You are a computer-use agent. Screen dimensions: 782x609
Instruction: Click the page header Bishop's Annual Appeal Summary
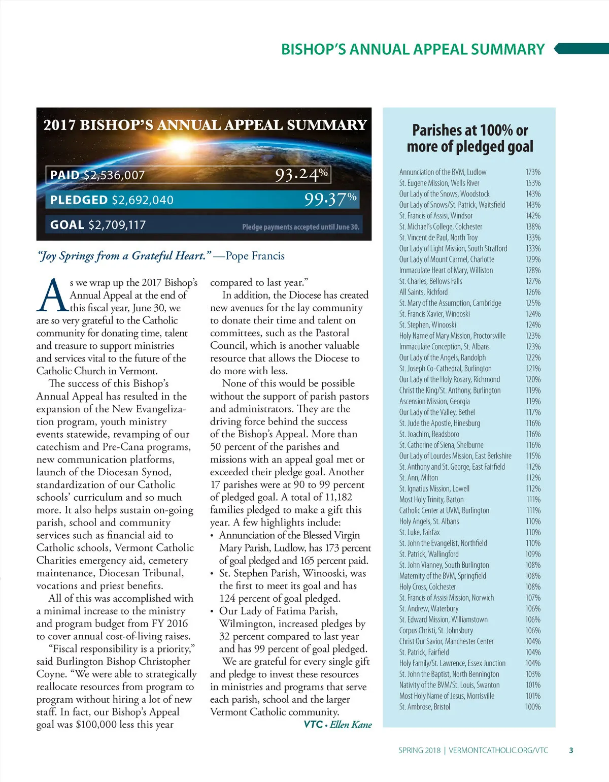[x=413, y=49]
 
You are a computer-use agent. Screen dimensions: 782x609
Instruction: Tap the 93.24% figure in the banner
[x=301, y=174]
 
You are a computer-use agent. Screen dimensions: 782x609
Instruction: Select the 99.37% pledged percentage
[x=330, y=199]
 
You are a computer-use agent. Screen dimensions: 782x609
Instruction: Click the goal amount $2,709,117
[x=117, y=224]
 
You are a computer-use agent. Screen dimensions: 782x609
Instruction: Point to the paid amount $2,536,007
[x=114, y=175]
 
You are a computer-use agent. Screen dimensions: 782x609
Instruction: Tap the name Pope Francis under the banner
[x=255, y=256]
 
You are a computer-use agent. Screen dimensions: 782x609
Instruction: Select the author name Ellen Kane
[x=351, y=725]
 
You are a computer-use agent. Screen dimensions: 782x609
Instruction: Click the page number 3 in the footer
[x=571, y=750]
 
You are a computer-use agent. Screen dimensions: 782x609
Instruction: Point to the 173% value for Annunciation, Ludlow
[x=533, y=172]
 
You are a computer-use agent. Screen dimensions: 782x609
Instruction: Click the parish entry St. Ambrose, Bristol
[x=424, y=707]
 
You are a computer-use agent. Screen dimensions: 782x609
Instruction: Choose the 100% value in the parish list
[x=533, y=707]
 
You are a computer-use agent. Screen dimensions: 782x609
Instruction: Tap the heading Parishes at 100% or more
[x=469, y=138]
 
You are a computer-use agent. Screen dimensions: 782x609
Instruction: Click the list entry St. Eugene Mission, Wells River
[x=439, y=183]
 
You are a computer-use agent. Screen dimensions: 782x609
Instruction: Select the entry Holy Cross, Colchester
[x=427, y=586]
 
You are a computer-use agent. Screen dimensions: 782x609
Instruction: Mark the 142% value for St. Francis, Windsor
[x=533, y=216]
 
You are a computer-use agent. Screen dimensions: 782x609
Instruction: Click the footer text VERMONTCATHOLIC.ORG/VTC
[x=498, y=750]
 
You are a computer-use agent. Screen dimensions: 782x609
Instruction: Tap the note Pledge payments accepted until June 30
[x=300, y=227]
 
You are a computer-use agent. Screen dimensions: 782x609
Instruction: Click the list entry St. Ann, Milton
[x=418, y=477]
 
